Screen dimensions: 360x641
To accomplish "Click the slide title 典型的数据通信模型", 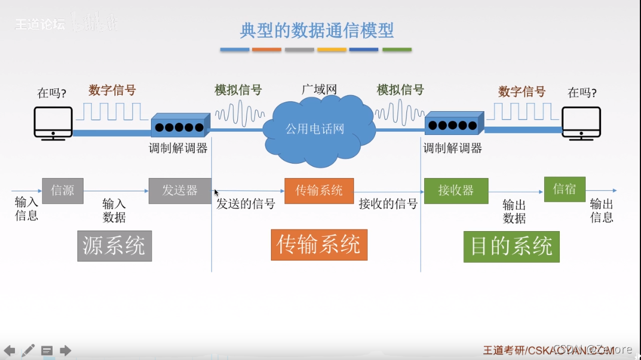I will (x=317, y=30).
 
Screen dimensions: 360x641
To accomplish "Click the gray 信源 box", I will (x=63, y=190).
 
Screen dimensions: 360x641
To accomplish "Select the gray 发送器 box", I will (x=180, y=190).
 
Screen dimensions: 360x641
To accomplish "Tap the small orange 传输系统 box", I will (x=319, y=190).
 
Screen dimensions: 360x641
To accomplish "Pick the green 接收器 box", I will (x=456, y=190).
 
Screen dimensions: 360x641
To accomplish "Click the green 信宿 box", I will (x=565, y=189).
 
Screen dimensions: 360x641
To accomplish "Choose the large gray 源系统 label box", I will (x=114, y=246).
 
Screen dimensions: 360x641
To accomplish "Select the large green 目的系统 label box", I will (x=511, y=247).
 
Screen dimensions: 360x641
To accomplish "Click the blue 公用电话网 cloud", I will (x=315, y=130).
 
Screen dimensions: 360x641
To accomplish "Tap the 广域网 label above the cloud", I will (x=319, y=90).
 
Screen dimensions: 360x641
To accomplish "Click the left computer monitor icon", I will (x=53, y=123).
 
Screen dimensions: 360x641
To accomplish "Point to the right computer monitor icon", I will (x=581, y=123).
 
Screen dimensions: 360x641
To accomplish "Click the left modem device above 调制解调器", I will (x=180, y=126).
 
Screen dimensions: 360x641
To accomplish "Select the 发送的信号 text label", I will (x=246, y=204).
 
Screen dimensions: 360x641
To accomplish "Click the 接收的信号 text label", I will (x=388, y=204).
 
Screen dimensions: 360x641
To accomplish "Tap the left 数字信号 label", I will (x=112, y=91).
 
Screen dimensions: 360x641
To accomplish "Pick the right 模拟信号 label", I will (x=400, y=90).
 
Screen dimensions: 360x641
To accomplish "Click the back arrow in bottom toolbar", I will (x=10, y=350).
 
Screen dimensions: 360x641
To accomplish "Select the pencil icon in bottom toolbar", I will (x=28, y=350).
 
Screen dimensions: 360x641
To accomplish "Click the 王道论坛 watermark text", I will (x=39, y=24).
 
